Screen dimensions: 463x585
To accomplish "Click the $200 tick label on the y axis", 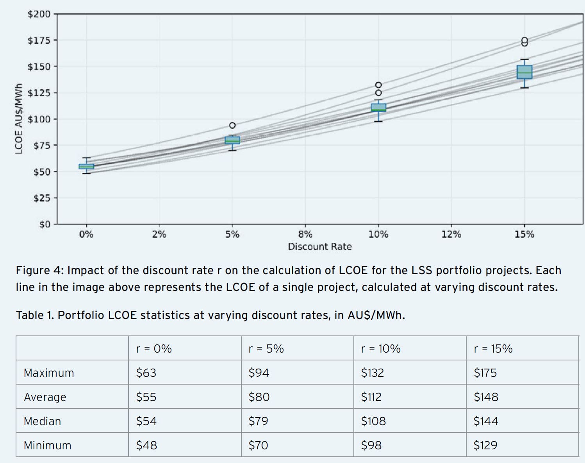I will pos(39,14).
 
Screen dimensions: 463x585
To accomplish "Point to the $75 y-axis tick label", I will pos(41,145).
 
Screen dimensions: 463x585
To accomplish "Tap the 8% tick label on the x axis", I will pos(305,234).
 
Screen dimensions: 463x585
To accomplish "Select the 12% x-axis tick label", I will pos(451,234).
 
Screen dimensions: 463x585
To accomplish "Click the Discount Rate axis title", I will pos(319,247).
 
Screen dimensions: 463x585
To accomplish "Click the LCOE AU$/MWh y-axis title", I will pos(18,119).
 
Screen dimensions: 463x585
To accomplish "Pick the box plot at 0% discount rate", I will pos(86,166).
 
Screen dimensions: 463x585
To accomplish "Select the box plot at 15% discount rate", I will pos(524,72).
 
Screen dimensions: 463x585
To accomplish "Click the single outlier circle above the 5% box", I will pos(232,125).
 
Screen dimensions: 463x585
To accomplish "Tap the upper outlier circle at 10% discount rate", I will pos(378,85).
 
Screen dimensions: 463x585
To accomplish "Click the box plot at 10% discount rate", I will pos(378,108).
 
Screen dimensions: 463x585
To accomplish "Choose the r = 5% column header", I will pos(266,348).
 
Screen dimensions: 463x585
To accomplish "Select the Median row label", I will pos(42,421).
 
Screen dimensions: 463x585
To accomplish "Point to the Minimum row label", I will pos(47,445).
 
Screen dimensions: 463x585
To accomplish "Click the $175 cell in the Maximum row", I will pos(485,373).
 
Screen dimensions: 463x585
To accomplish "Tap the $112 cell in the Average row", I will pos(371,397).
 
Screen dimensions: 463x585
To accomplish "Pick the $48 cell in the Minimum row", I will pos(146,445).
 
